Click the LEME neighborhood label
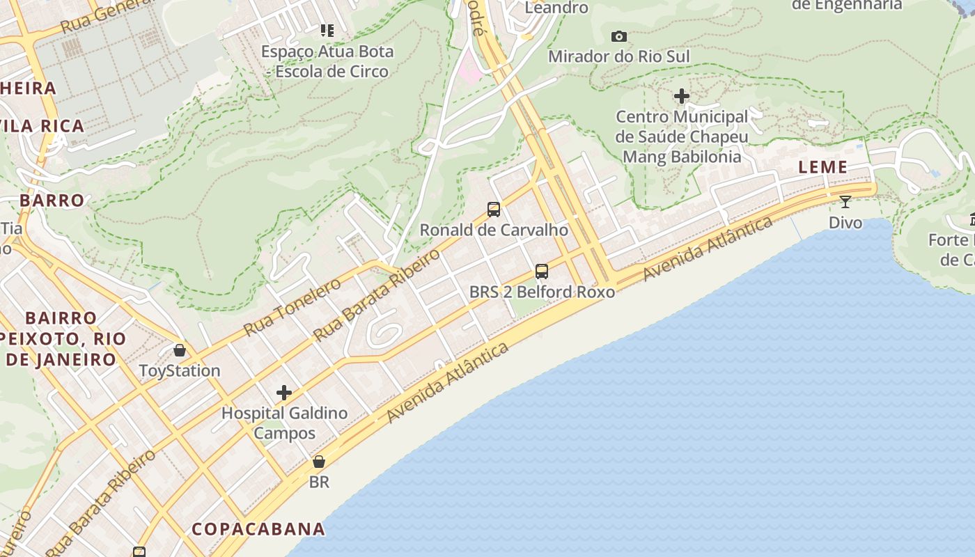point(822,167)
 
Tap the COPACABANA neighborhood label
point(258,529)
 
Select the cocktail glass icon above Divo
point(845,202)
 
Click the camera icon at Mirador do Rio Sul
point(618,36)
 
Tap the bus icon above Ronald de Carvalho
point(493,209)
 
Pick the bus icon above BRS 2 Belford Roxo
point(541,272)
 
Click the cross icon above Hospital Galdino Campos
point(283,393)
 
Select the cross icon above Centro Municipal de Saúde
point(682,96)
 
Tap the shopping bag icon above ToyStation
point(180,350)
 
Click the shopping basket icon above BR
point(318,462)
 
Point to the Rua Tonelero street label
point(292,306)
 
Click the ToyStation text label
point(180,370)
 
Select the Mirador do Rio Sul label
point(618,56)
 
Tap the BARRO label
point(52,201)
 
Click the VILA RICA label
point(43,126)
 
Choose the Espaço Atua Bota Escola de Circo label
point(327,61)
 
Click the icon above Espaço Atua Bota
point(327,30)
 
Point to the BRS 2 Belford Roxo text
point(542,292)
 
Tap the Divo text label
point(845,223)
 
